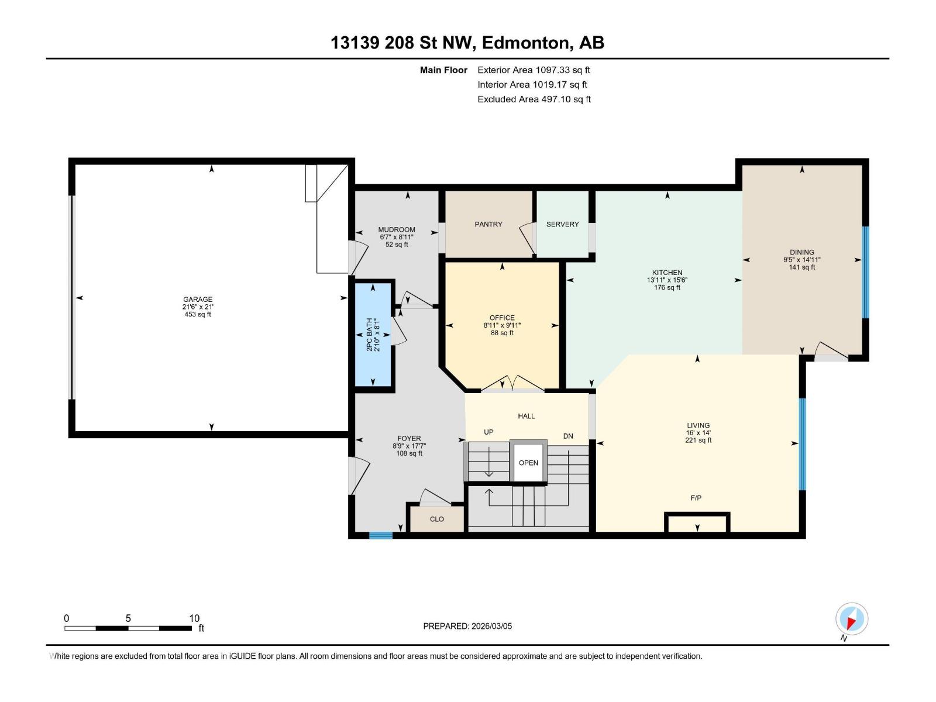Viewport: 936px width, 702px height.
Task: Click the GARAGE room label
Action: tap(197, 299)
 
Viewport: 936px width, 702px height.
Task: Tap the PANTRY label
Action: tap(488, 224)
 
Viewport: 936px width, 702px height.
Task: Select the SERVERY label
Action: tap(562, 224)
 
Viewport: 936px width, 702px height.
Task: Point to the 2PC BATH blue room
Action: tap(373, 335)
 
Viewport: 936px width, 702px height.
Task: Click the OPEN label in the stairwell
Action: tap(528, 463)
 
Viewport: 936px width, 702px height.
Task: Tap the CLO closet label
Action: tap(436, 519)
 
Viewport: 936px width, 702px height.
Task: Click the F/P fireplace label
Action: tap(696, 498)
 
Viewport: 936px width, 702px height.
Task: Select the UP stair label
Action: tap(488, 432)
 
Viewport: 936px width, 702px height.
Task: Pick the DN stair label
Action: tap(568, 436)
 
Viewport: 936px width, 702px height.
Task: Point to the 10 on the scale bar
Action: tap(194, 618)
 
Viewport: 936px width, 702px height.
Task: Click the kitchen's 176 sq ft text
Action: tap(667, 288)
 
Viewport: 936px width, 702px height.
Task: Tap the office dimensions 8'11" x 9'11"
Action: tap(502, 325)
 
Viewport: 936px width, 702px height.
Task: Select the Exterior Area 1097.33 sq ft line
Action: tap(534, 70)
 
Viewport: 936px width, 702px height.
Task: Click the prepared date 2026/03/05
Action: tap(491, 626)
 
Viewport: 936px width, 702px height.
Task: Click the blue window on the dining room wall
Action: tap(866, 273)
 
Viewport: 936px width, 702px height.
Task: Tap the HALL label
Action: tap(526, 416)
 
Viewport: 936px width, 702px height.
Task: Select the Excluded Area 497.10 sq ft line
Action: tap(534, 99)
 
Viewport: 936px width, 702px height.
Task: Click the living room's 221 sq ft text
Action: tap(698, 441)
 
